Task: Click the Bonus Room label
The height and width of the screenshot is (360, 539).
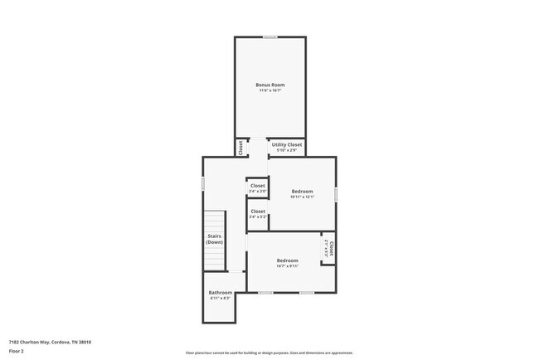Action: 270,85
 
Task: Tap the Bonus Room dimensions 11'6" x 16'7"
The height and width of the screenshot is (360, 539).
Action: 270,90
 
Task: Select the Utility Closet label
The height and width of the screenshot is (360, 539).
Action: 287,144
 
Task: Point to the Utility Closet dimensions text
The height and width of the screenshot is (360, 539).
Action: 287,150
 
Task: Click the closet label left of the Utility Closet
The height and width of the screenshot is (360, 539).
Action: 241,148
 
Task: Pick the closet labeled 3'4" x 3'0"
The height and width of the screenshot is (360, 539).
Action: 258,186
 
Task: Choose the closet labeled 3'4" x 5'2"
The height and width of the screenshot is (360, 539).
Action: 258,212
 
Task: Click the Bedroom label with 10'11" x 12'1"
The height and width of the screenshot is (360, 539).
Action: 302,192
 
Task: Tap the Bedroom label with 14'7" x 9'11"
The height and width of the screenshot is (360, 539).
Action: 287,261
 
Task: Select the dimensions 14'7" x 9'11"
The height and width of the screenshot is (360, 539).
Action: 287,267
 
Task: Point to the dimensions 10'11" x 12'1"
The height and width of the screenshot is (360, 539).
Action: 302,197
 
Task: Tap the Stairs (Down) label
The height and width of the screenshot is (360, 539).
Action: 215,239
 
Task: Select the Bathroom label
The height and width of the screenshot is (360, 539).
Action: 220,292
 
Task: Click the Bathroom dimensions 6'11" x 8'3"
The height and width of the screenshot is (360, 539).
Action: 220,298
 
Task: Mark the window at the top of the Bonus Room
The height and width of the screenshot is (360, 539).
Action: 270,37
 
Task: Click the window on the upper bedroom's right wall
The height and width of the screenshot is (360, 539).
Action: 336,193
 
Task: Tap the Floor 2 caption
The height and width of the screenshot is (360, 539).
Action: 17,352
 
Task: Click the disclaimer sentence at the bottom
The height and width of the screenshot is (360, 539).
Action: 269,353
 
